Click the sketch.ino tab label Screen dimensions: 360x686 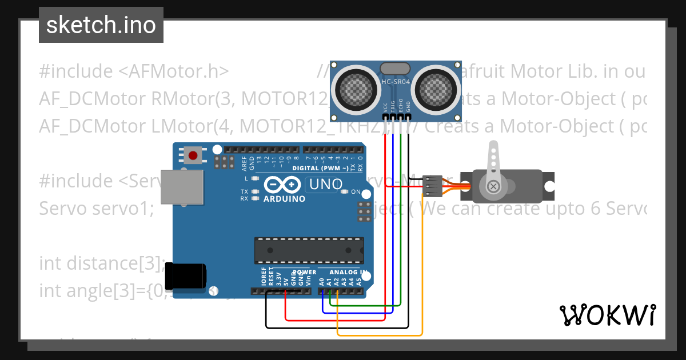click(x=101, y=25)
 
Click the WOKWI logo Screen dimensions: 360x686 click(x=607, y=315)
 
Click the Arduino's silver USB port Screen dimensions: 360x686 click(x=182, y=186)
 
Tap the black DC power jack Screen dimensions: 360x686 click(x=185, y=276)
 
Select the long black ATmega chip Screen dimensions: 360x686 click(x=309, y=250)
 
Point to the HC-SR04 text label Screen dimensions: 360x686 click(x=396, y=82)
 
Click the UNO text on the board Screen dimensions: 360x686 click(x=326, y=184)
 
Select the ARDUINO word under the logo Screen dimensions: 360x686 click(x=284, y=199)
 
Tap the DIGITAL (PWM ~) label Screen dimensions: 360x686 click(x=320, y=169)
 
